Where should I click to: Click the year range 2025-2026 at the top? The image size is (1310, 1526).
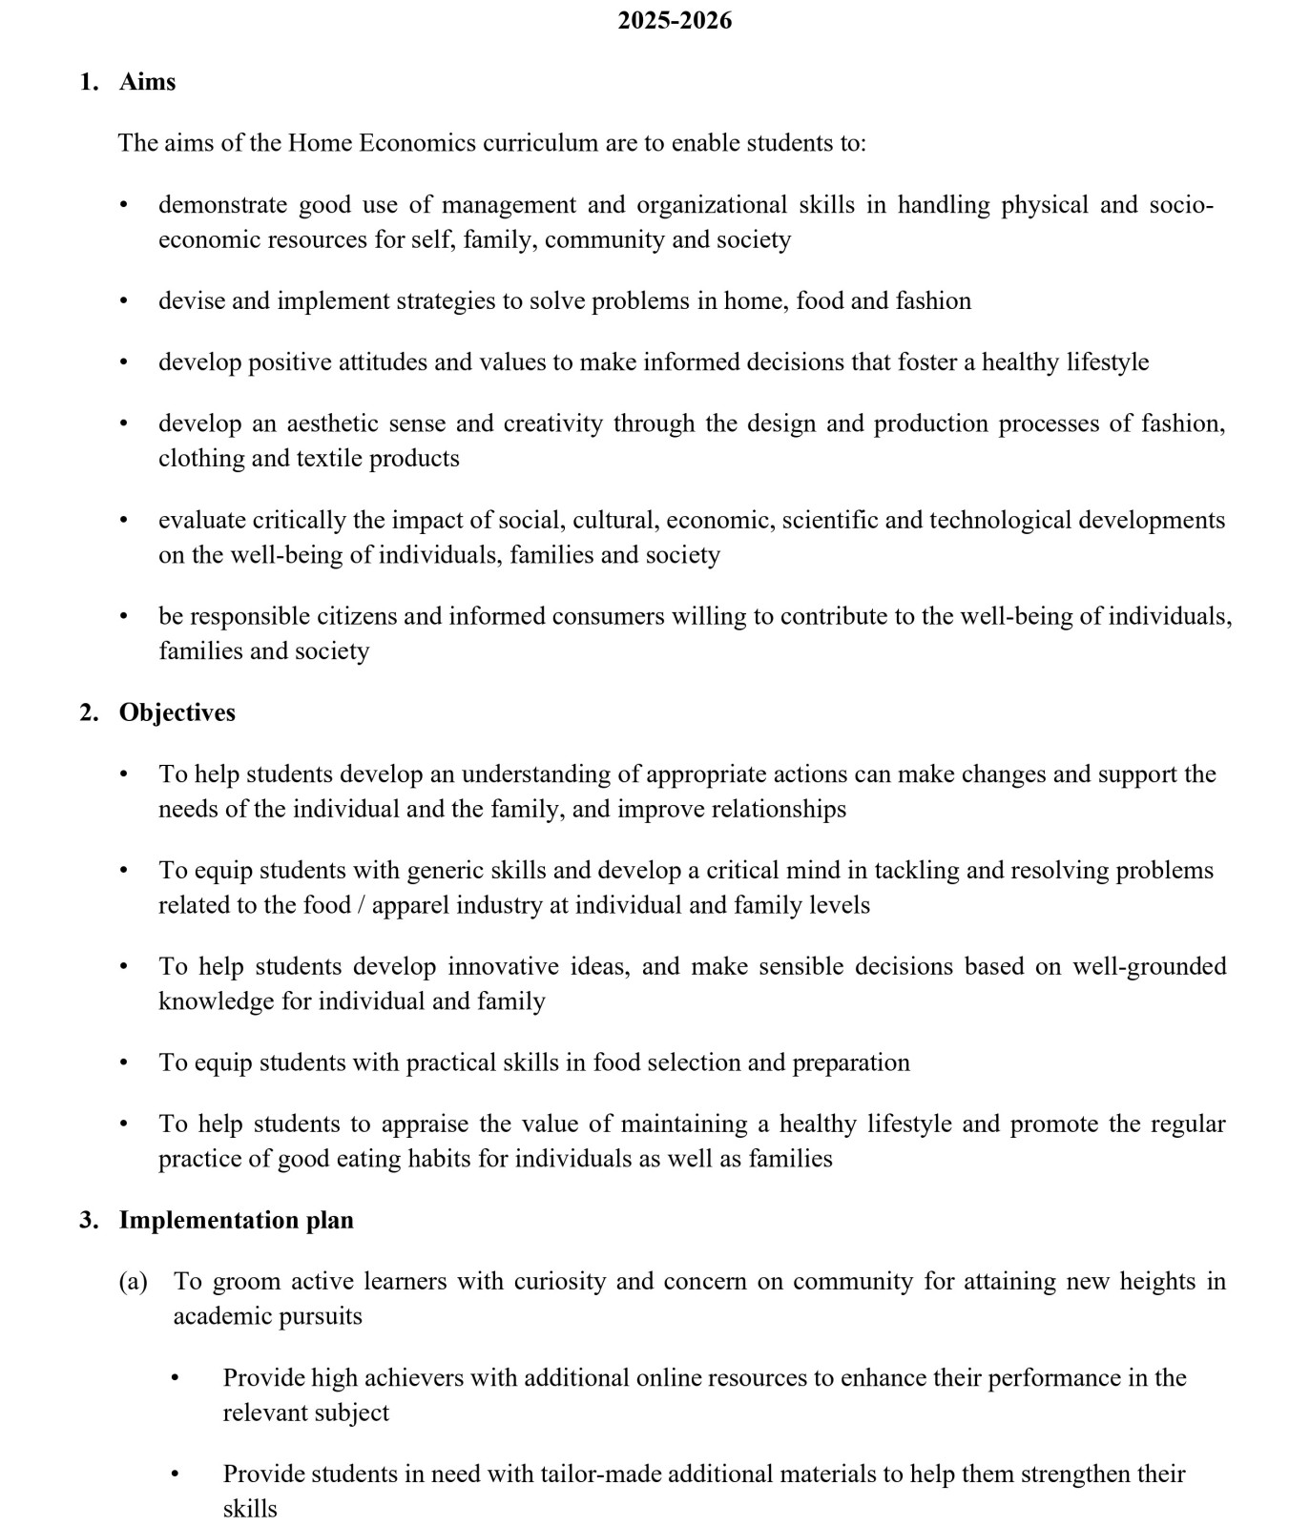(674, 20)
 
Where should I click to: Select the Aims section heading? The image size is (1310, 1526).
(147, 82)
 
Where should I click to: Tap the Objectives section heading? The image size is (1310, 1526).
(177, 712)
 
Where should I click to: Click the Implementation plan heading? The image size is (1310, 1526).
(236, 1220)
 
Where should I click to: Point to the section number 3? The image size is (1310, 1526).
(88, 1220)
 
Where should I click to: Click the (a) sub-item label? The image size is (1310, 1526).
(133, 1281)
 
